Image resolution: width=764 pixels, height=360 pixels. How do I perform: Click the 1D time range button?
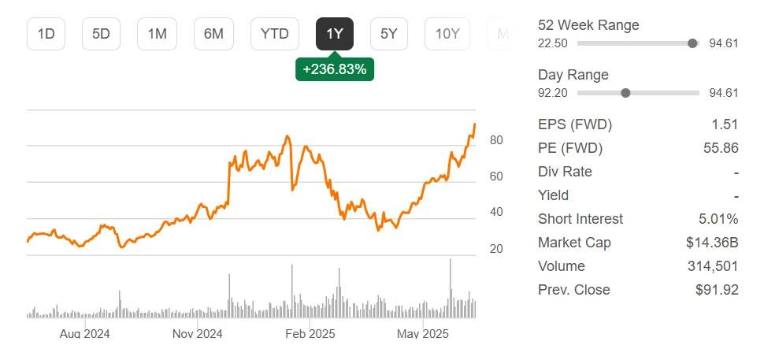pos(46,34)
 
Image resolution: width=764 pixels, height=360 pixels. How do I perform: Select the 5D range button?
pos(102,34)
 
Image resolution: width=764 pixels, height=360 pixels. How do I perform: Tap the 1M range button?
pos(158,34)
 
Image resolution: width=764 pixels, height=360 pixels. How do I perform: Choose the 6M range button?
pos(213,34)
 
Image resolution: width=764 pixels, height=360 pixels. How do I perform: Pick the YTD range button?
pos(275,34)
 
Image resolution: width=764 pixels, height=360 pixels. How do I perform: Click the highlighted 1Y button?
pos(335,34)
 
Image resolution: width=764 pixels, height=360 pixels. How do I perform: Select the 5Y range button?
pos(389,34)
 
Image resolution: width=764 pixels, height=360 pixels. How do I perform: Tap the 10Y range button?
pos(447,34)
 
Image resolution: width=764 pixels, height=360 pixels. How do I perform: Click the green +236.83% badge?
pos(335,69)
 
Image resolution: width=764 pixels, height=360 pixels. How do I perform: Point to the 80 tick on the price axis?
pos(496,140)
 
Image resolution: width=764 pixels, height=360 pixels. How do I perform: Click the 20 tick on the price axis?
pos(496,249)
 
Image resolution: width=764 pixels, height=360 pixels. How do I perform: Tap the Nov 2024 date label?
pos(197,334)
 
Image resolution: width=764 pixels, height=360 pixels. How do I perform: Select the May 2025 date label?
pos(423,334)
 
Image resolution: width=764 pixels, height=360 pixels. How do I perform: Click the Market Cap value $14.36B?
pos(712,243)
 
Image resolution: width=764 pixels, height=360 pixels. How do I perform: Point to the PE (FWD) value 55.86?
pos(721,148)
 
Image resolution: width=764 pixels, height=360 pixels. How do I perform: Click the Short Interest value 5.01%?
pos(718,219)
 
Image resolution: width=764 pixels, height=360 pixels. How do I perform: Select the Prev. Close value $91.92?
pos(717,290)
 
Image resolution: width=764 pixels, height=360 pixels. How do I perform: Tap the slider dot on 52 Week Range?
pos(692,43)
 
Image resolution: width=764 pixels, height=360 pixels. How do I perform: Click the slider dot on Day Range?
pos(625,93)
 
